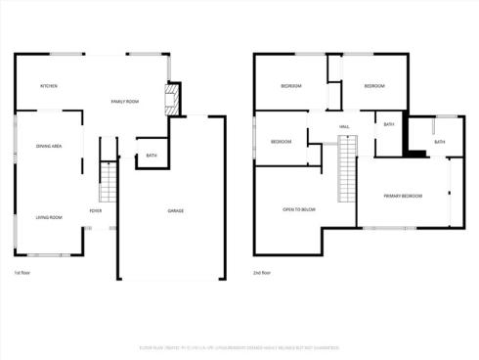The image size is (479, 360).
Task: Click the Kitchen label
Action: click(x=49, y=86)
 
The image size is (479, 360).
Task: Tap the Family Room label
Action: click(x=124, y=101)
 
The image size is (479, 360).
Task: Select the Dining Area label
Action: click(x=49, y=146)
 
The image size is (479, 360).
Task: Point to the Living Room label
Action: click(x=49, y=217)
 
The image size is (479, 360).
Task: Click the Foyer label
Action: click(x=96, y=211)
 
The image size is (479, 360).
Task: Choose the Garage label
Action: click(x=176, y=211)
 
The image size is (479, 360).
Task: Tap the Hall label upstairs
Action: click(x=344, y=127)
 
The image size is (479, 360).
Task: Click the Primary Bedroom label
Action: click(x=403, y=196)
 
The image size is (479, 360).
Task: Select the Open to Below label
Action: click(x=299, y=210)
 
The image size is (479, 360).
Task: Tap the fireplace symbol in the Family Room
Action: click(x=173, y=99)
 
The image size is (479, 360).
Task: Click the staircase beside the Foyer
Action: click(x=108, y=182)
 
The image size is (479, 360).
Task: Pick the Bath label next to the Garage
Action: click(x=152, y=156)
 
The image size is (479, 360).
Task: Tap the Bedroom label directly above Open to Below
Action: click(x=282, y=143)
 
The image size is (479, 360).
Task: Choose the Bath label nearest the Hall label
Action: click(x=389, y=124)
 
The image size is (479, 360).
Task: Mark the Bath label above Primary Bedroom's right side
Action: click(x=439, y=142)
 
